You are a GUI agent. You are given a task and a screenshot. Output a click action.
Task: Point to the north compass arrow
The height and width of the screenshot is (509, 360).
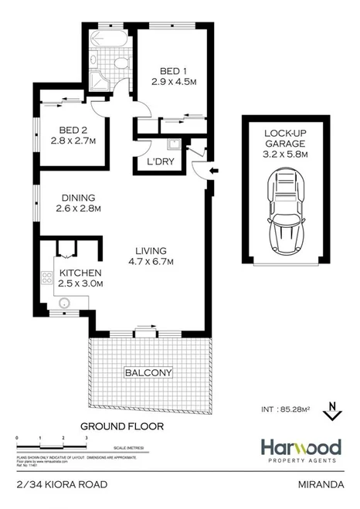coord(331,410)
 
